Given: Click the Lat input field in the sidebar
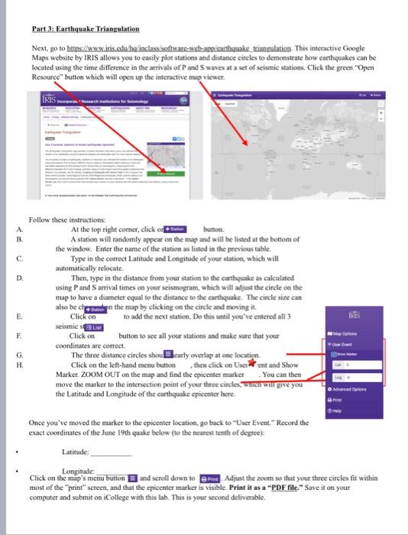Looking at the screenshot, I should (x=358, y=365).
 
